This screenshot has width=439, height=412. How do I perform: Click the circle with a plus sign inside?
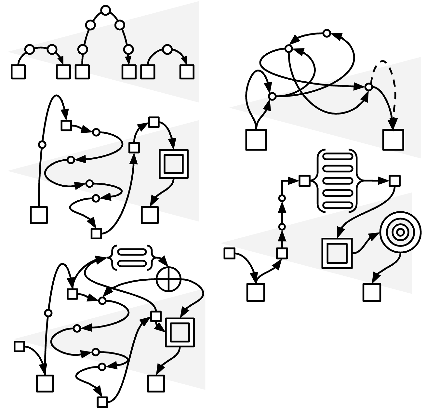(x=168, y=279)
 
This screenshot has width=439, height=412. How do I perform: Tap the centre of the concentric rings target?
(x=400, y=232)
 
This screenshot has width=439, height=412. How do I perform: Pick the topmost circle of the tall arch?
(x=105, y=10)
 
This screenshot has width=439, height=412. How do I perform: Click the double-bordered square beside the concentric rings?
(x=337, y=253)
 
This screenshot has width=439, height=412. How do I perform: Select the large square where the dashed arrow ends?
(x=393, y=140)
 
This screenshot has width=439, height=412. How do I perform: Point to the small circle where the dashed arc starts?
(x=368, y=87)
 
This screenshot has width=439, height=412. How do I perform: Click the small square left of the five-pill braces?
(x=304, y=181)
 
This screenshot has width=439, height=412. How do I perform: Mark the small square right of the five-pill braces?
(x=394, y=181)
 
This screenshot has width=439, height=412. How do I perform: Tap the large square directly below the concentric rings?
(x=372, y=292)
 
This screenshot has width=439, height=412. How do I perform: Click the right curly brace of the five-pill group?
(x=355, y=181)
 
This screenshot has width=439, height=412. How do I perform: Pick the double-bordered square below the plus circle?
(x=180, y=332)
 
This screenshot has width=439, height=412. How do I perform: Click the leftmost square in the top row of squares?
(x=18, y=72)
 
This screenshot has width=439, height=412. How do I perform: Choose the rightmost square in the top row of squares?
(x=187, y=72)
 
